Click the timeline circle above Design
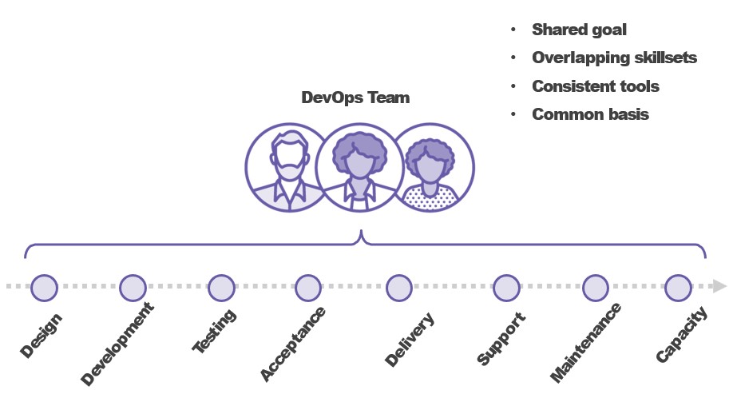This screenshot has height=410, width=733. (x=45, y=287)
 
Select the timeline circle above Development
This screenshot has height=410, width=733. (x=133, y=287)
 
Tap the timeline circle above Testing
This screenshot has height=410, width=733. (x=221, y=287)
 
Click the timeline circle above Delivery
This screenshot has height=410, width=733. (x=398, y=287)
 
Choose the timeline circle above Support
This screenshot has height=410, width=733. (x=506, y=287)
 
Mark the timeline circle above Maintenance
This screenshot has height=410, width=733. (x=596, y=287)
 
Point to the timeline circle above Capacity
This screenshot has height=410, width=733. (x=678, y=287)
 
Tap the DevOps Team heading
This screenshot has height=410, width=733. (x=355, y=98)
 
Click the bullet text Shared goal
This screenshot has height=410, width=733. (x=579, y=30)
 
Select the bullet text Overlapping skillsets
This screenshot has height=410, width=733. (x=614, y=58)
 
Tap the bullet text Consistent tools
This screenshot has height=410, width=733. (x=595, y=86)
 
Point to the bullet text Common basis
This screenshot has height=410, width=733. (x=590, y=113)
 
